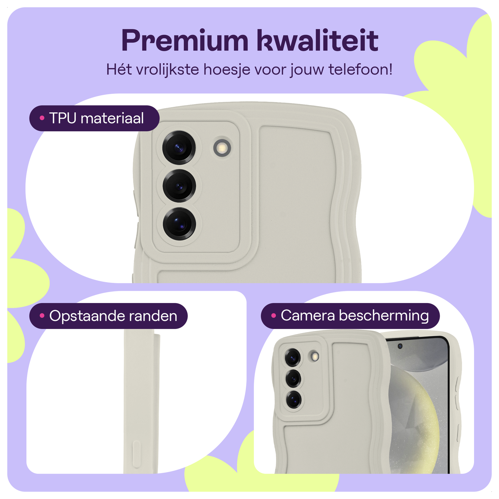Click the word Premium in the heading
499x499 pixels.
pos(185,41)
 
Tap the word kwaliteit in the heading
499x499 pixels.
pos(317,41)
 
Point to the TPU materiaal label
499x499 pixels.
pos(94,118)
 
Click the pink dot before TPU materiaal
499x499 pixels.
pos(42,118)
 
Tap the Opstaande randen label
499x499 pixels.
pos(108,316)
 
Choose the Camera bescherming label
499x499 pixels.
pos(350,316)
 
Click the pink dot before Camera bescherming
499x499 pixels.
pos(273,316)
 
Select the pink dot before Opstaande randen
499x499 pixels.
pos(42,316)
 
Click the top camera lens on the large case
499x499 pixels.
pos(179,148)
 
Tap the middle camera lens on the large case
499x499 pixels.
pos(179,186)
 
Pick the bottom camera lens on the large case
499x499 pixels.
pos(179,224)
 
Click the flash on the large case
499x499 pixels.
pos(222,147)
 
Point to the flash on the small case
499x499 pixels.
pos(313,356)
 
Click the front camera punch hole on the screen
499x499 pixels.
pos(400,346)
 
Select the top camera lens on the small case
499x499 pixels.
pos(293,358)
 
